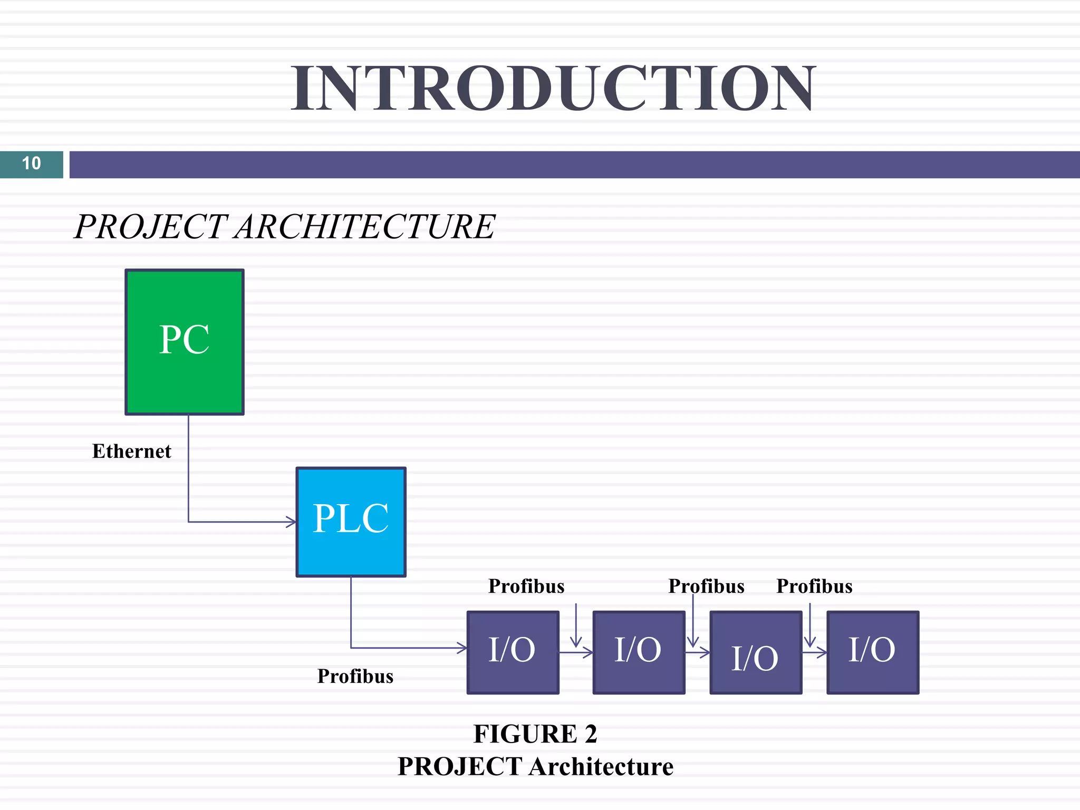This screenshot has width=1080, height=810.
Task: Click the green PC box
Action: click(184, 342)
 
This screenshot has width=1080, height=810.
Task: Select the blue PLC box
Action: click(351, 522)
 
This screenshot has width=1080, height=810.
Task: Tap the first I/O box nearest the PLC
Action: click(513, 652)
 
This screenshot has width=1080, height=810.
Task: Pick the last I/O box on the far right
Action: click(873, 652)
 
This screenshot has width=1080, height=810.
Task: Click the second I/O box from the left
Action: click(639, 652)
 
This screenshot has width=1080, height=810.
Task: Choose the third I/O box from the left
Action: click(756, 652)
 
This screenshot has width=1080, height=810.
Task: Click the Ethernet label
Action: click(131, 451)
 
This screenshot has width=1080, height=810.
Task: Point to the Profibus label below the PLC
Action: click(355, 676)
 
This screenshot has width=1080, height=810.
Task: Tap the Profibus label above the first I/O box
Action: click(526, 586)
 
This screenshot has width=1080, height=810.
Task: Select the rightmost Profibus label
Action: click(814, 586)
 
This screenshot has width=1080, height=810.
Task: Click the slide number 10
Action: click(31, 163)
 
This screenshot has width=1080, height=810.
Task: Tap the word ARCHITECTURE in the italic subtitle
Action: click(365, 227)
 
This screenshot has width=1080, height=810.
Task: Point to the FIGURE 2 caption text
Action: click(535, 734)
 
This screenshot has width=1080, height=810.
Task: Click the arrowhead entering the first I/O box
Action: click(462, 648)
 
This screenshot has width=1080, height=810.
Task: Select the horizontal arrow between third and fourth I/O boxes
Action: click(815, 653)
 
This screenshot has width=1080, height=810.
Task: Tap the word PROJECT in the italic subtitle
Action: click(151, 227)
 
